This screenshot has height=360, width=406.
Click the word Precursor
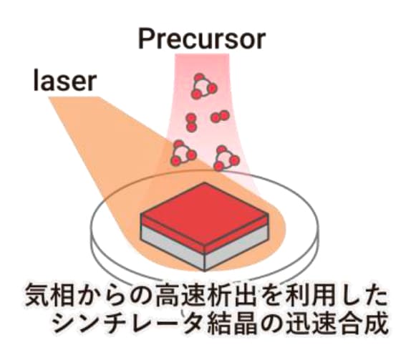(x=202, y=39)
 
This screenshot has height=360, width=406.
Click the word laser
(x=65, y=80)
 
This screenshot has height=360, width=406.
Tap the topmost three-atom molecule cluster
(x=204, y=86)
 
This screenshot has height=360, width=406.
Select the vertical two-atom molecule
(x=191, y=122)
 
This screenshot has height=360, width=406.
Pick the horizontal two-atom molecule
(x=220, y=117)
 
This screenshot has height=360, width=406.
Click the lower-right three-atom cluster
(x=226, y=158)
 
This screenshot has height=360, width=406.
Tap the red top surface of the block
(x=205, y=213)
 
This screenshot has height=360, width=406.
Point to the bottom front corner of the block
(x=205, y=271)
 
